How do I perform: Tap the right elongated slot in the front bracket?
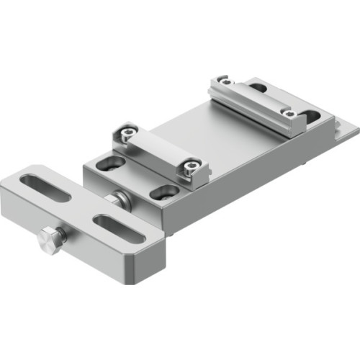coord(120,228)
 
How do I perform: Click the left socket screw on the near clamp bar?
coord(127,134)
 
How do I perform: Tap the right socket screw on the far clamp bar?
coord(289,114)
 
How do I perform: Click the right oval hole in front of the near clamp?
coord(165,192)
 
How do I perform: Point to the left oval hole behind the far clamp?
coord(258,88)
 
